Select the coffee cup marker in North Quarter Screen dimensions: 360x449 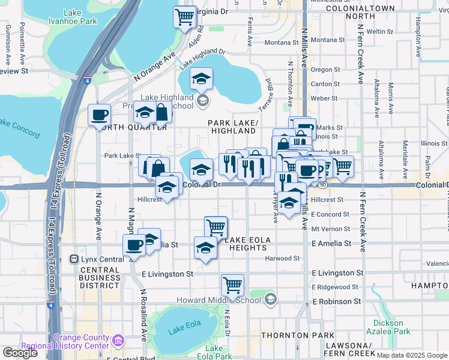tap(99, 115)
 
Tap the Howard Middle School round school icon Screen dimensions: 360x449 tap(271, 298)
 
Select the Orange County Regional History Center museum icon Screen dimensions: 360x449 tap(118, 341)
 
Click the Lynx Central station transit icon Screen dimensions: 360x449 tap(74, 259)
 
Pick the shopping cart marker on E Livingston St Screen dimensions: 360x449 tap(232, 285)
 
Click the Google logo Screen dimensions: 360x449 tap(20, 353)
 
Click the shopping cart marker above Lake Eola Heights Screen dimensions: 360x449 tap(215, 227)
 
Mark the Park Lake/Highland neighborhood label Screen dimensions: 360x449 tap(234, 127)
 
